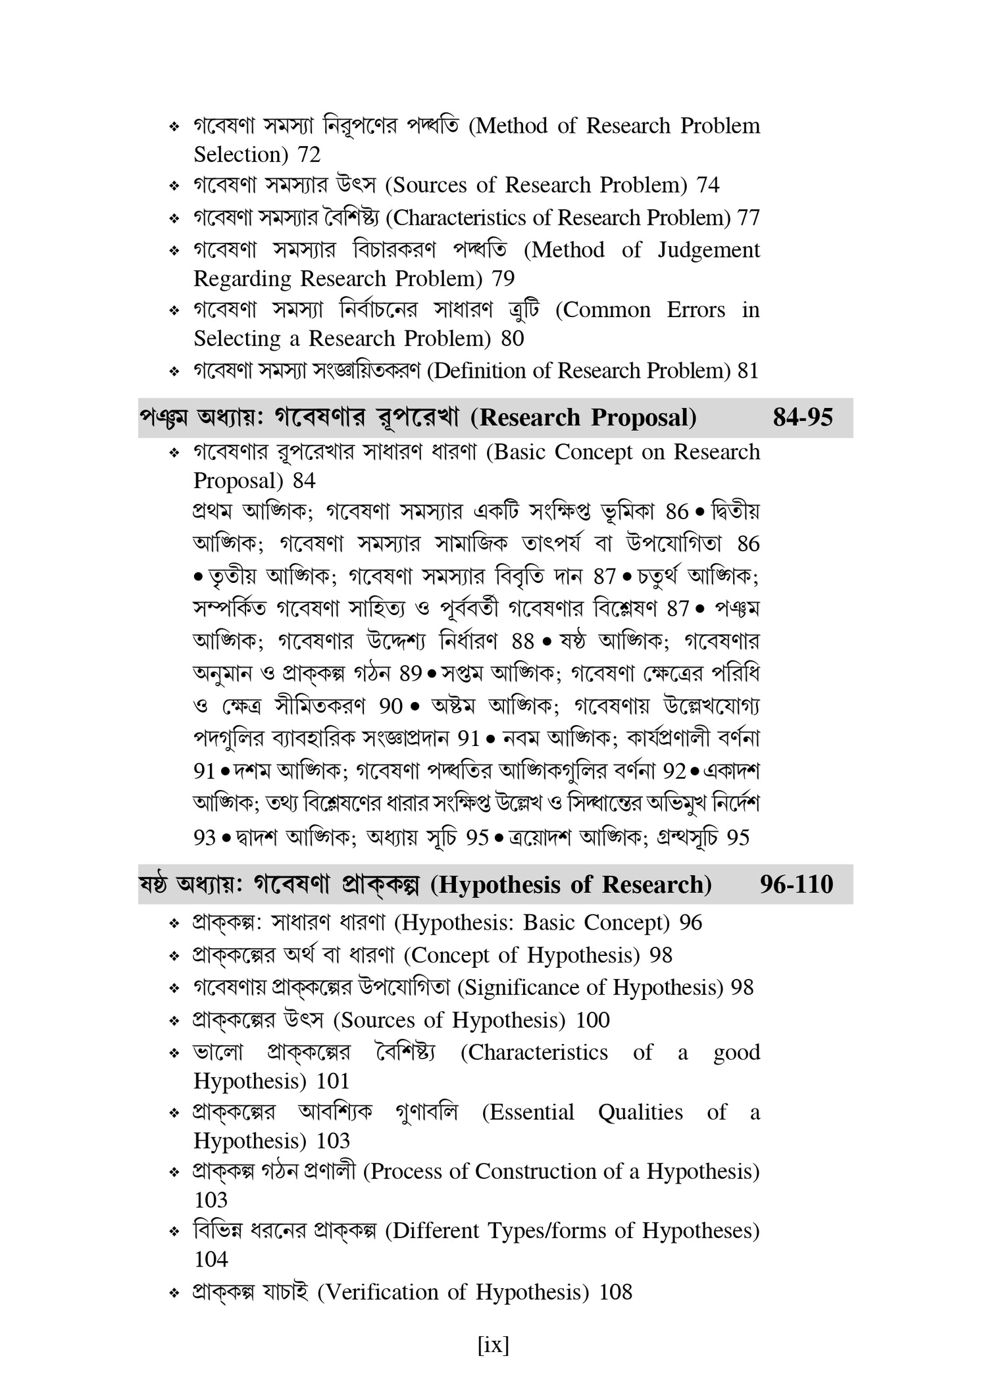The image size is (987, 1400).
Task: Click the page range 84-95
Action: point(803,418)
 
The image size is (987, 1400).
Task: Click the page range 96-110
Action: point(796,884)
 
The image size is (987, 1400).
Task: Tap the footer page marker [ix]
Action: point(493,1345)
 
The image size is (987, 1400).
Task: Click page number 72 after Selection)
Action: point(309,155)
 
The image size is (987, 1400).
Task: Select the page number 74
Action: point(708,186)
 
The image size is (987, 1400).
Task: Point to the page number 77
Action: point(749,218)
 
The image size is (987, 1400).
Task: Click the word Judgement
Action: point(709,250)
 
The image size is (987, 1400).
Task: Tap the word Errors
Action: point(696,310)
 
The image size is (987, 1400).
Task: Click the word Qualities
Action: point(640,1112)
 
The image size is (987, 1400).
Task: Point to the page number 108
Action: point(615,1292)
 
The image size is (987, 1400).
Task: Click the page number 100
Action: point(593,1020)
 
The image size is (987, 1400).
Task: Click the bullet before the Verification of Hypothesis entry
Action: point(174,1293)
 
